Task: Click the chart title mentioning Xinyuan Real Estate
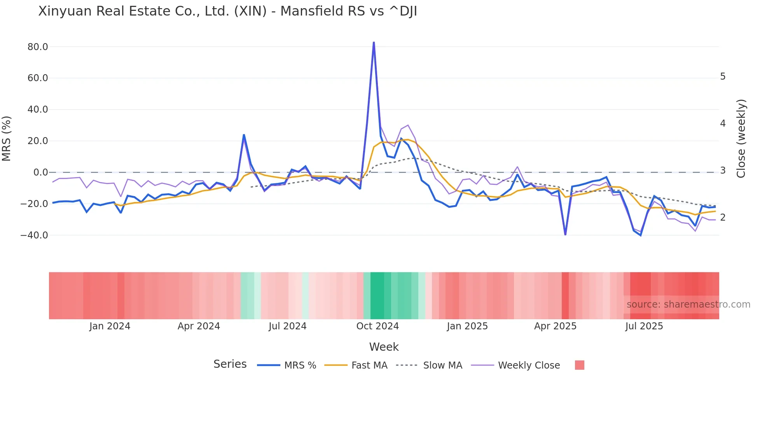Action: (x=227, y=11)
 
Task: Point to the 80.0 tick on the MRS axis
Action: (x=38, y=47)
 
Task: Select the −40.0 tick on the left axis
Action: (x=34, y=235)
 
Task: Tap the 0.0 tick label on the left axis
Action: (x=40, y=172)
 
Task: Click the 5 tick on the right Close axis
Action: (x=723, y=77)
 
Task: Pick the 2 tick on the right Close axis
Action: (x=723, y=217)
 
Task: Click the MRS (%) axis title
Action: (x=7, y=139)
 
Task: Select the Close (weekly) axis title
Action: (x=741, y=139)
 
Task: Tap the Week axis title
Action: (x=384, y=347)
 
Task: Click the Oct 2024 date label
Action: (x=378, y=326)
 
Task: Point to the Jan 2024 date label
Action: (x=110, y=326)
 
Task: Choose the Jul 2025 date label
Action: (x=644, y=326)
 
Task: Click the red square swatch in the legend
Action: (x=579, y=365)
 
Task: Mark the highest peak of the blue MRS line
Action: (x=374, y=42)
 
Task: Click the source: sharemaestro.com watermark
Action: (x=688, y=304)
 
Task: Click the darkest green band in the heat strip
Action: (x=377, y=296)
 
